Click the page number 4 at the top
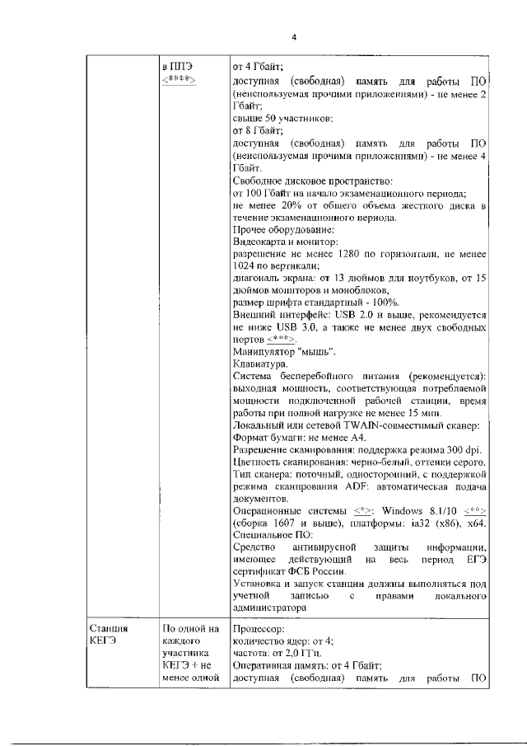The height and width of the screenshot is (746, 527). coord(293,36)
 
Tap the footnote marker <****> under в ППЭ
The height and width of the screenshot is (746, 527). coord(177,79)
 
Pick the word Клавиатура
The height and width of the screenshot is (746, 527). coord(259,363)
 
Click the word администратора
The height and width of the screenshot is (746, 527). coord(271,608)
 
